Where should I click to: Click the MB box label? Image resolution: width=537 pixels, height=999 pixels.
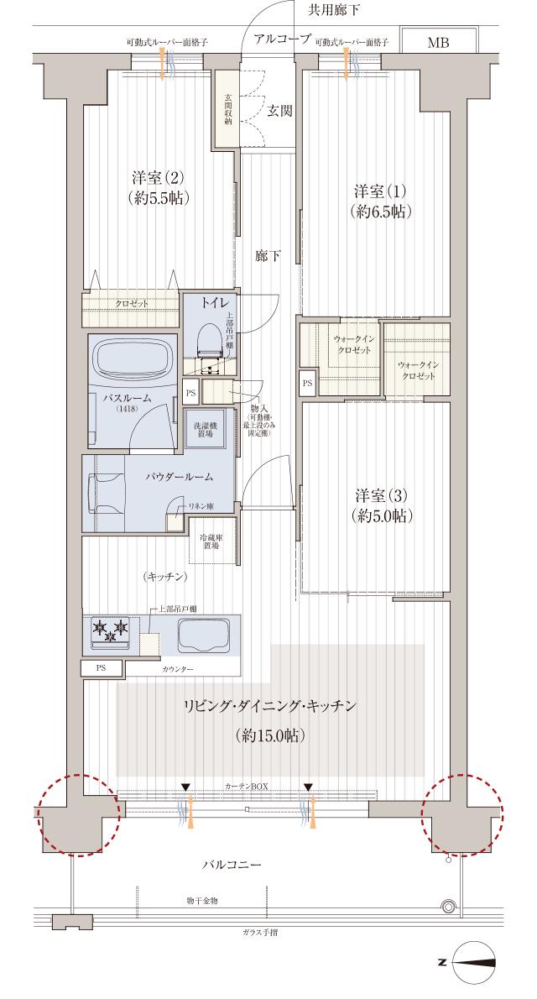[438, 43]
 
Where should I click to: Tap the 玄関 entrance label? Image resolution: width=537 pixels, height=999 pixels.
[280, 110]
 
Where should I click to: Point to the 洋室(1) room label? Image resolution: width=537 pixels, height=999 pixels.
[380, 200]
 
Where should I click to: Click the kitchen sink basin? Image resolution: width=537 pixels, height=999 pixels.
[203, 636]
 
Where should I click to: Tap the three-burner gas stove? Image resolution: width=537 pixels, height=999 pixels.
[111, 632]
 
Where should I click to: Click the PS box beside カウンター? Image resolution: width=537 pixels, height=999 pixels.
[100, 668]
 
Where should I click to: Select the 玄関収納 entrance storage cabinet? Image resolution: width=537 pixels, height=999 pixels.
[227, 108]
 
